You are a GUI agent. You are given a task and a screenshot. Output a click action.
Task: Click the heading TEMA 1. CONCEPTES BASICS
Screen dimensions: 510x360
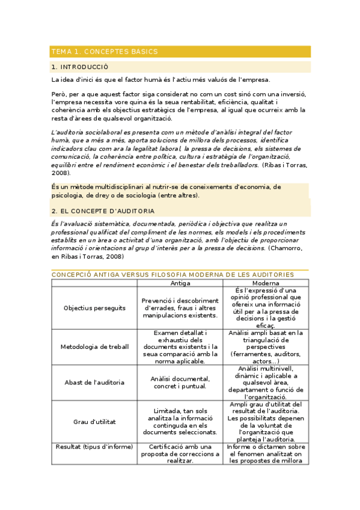pos(105,52)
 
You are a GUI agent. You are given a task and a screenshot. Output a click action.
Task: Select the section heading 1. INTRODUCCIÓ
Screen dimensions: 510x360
pos(80,67)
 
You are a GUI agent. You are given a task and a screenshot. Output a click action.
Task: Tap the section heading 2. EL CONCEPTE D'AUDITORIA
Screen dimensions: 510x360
pos(103,211)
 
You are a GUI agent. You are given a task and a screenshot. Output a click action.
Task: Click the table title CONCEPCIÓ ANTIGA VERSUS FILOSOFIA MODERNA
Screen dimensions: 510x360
pos(172,274)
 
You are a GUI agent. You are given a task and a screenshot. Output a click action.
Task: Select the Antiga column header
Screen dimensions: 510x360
pos(180,283)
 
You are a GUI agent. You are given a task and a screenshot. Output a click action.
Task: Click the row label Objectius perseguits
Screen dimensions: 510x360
pos(94,308)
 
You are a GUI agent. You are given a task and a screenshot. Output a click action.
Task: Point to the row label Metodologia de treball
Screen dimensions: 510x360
pos(94,346)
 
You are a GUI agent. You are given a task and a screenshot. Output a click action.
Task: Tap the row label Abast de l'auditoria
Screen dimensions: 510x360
pos(94,382)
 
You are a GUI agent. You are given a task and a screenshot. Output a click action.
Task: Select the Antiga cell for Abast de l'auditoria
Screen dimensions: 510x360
pos(180,382)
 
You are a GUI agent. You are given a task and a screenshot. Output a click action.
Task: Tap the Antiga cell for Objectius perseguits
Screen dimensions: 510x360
pos(180,308)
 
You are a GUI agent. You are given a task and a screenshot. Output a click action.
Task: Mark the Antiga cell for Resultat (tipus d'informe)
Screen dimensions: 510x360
pos(180,453)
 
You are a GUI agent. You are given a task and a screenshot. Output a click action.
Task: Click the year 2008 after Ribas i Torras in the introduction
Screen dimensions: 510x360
pos(61,173)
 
